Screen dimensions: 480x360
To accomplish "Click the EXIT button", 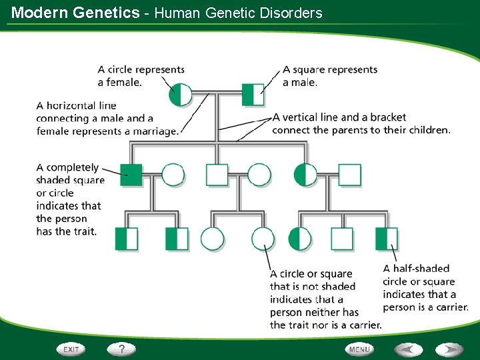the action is [x=71, y=349].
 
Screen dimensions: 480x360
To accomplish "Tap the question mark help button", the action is [x=121, y=349].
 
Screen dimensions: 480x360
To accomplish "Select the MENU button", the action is [x=359, y=349].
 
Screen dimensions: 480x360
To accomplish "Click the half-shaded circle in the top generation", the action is [x=180, y=95].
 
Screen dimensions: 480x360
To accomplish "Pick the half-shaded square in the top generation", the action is [x=253, y=95].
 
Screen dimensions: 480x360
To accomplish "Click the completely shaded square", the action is [x=131, y=175].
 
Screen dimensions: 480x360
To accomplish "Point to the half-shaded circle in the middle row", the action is [x=305, y=175].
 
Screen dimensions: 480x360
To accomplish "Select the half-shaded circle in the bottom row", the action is [x=300, y=239].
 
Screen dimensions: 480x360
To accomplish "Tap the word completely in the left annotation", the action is [x=72, y=168].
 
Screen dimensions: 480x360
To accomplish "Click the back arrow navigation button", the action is [x=409, y=349].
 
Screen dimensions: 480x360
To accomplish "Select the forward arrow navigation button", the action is [x=449, y=349].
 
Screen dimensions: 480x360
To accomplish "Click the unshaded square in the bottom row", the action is [x=342, y=239].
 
